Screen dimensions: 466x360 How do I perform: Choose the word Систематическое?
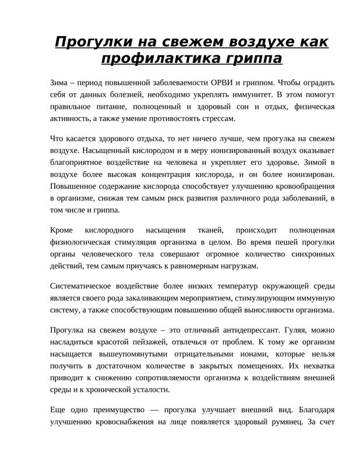87,285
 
